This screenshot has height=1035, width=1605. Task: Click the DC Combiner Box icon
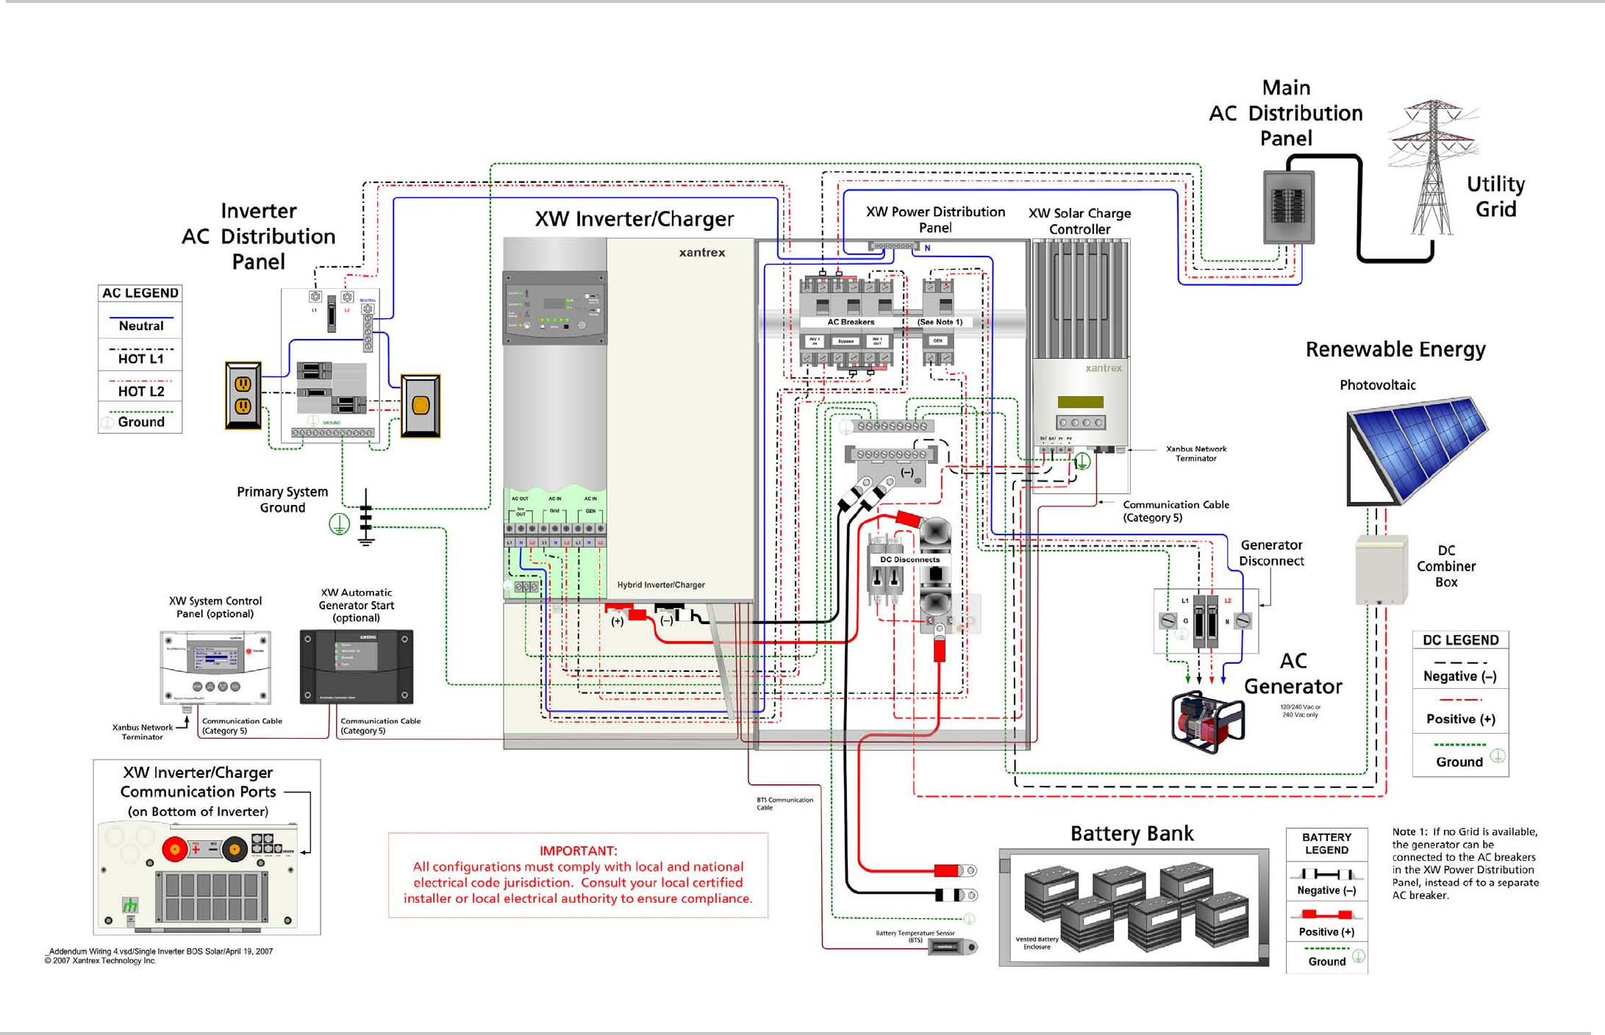[1381, 570]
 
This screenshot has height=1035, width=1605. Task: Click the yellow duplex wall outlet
[243, 395]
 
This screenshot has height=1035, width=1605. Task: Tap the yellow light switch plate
[421, 406]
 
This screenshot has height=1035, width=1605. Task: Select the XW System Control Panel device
[215, 667]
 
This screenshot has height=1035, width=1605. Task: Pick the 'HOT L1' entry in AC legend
[140, 359]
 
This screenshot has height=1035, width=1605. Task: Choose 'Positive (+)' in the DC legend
[1460, 719]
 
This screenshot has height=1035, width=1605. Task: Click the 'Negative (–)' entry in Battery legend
[1326, 890]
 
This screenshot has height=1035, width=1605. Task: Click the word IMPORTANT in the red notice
[578, 850]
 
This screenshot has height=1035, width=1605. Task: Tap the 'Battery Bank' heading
[1132, 834]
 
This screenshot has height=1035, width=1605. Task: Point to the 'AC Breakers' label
[851, 322]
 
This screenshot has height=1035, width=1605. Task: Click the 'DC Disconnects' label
[909, 559]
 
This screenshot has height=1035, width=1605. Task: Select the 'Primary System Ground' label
[282, 500]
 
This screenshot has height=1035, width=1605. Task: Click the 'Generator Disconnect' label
[1271, 553]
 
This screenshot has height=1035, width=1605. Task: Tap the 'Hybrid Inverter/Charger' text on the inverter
[661, 585]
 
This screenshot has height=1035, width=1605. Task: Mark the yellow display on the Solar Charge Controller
[1080, 402]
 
